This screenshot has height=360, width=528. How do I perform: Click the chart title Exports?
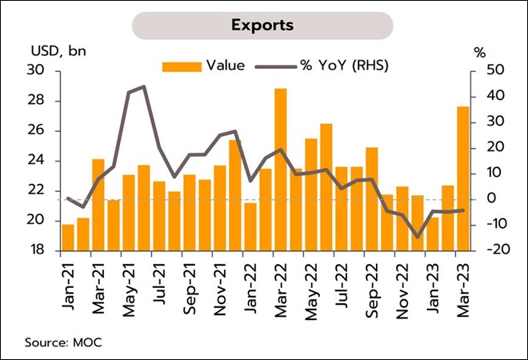coord(262,24)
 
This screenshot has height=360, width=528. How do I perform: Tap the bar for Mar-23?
coord(462,179)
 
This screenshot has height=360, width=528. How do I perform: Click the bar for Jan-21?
coord(68,238)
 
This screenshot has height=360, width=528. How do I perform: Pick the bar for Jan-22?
coord(250,227)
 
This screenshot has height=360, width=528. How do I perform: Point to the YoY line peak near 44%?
coord(143,86)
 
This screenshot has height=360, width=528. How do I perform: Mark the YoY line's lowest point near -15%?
coord(417,237)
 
